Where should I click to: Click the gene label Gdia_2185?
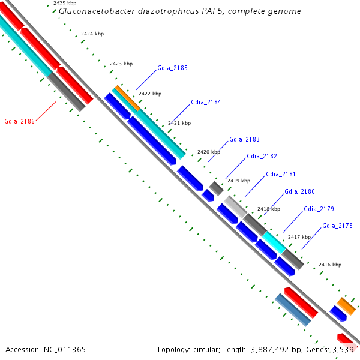[x=172, y=68]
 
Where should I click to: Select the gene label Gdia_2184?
[x=206, y=103]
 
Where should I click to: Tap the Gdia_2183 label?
[x=244, y=140]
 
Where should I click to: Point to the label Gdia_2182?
[x=262, y=157]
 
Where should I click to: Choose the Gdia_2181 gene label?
[x=281, y=175]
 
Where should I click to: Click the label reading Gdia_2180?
[x=299, y=192]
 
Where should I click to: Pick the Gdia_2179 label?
[x=319, y=209]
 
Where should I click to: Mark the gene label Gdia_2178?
[x=337, y=226]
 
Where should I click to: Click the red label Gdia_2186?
[x=19, y=122]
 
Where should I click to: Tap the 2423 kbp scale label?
[x=121, y=64]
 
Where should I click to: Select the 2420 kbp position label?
[x=209, y=152]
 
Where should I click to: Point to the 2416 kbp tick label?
[x=329, y=265]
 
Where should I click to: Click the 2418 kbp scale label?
[x=268, y=209]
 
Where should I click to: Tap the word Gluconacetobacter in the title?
[x=94, y=11]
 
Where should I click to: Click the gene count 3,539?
[x=344, y=349]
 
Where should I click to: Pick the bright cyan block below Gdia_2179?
[x=274, y=242]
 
